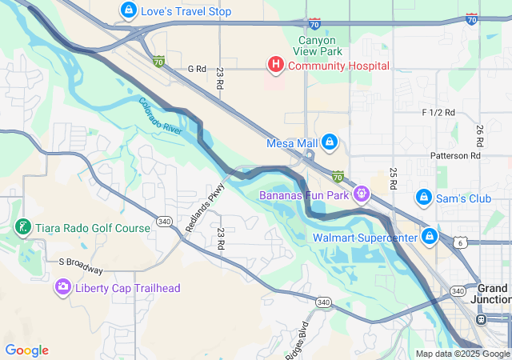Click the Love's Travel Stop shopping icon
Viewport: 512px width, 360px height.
[x=127, y=11]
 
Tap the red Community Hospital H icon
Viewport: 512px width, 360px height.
[x=275, y=65]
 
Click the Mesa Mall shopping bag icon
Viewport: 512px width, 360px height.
[x=329, y=142]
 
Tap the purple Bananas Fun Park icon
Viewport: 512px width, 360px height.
[x=362, y=194]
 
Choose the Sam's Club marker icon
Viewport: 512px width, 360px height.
[x=423, y=198]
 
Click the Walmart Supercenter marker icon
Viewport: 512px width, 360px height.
[x=430, y=237]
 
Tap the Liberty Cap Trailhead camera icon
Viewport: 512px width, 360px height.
[x=62, y=287]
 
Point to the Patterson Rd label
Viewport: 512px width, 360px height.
[x=454, y=156]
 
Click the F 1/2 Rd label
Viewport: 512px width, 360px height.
[x=438, y=112]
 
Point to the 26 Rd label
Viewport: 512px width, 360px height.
[x=479, y=134]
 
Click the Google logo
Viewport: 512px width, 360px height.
[x=26, y=350]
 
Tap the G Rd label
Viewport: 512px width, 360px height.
[x=197, y=69]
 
